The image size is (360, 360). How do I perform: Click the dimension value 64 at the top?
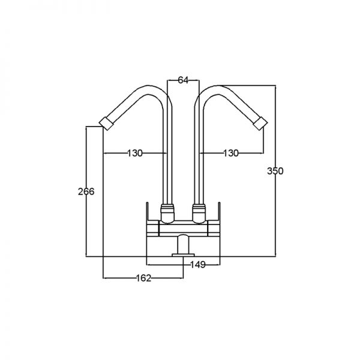[x=183, y=80]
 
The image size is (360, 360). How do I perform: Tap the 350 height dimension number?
[x=275, y=171]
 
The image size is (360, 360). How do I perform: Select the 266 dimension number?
[x=86, y=191]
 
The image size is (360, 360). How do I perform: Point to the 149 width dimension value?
[x=198, y=265]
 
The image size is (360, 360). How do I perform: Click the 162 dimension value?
[x=144, y=278]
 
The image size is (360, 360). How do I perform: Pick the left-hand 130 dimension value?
[x=135, y=153]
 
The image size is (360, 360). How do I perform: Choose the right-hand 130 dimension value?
[x=231, y=153]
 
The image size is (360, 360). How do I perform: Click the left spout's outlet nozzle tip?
[x=106, y=124]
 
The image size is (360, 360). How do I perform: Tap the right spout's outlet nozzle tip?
[x=260, y=124]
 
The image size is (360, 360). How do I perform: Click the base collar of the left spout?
[x=167, y=213]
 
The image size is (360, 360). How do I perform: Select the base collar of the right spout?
[x=199, y=213]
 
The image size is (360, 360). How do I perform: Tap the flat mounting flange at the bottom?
[x=183, y=255]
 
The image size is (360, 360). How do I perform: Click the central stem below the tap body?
[x=183, y=244]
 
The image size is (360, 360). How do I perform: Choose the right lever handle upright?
[x=219, y=211]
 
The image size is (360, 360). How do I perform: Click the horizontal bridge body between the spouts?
[x=183, y=229]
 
